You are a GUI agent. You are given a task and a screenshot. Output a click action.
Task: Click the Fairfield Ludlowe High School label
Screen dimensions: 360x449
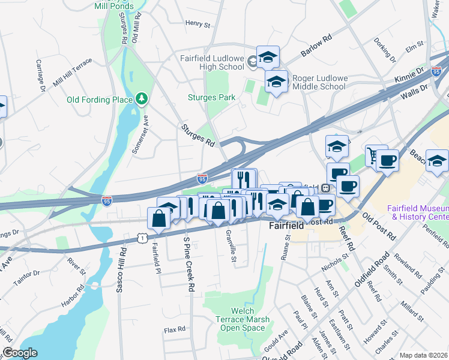click(x=212, y=62)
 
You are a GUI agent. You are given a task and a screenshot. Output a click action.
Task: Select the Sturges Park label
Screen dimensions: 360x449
click(x=211, y=97)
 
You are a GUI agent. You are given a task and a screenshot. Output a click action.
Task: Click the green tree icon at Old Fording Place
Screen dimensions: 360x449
click(x=142, y=98)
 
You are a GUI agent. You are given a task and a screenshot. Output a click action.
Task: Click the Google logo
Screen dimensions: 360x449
click(x=20, y=353)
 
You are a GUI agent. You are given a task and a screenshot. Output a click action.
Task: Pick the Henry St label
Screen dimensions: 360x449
click(x=197, y=25)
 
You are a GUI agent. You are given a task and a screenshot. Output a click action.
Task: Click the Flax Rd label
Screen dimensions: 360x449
click(x=175, y=329)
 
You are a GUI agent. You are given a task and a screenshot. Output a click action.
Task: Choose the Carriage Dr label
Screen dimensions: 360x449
click(x=40, y=76)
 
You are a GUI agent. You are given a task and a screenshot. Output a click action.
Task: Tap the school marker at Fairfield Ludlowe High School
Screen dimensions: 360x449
click(x=268, y=58)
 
